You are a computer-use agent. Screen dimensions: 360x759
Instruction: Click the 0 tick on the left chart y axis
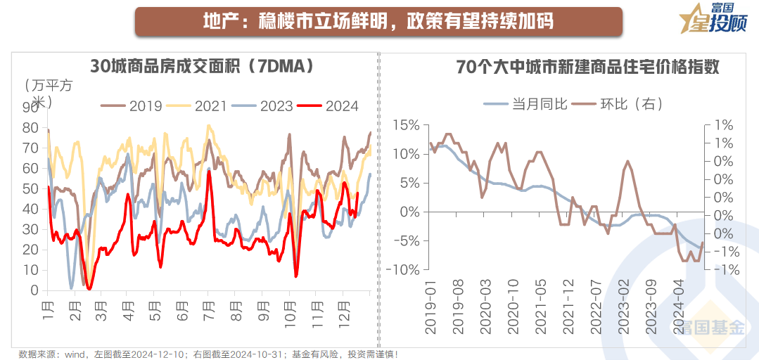coord(34,290)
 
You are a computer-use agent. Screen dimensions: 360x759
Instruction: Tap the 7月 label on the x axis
coord(209,307)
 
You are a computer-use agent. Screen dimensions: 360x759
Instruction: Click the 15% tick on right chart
coord(406,125)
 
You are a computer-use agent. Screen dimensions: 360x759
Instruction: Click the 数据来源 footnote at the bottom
coord(212,353)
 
